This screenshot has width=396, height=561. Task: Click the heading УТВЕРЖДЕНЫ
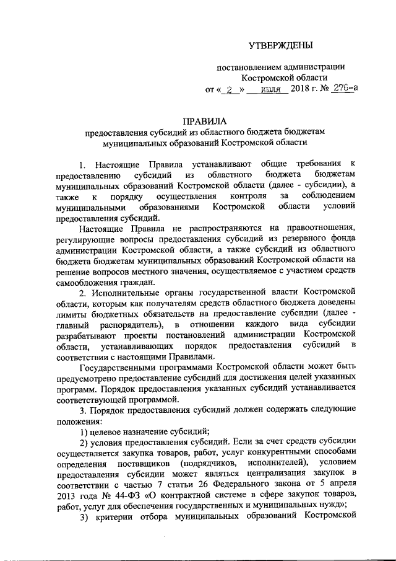pos(277,45)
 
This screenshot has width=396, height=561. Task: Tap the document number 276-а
pos(343,89)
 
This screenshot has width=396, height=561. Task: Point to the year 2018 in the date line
pos(303,89)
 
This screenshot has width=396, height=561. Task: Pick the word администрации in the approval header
pos(313,67)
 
